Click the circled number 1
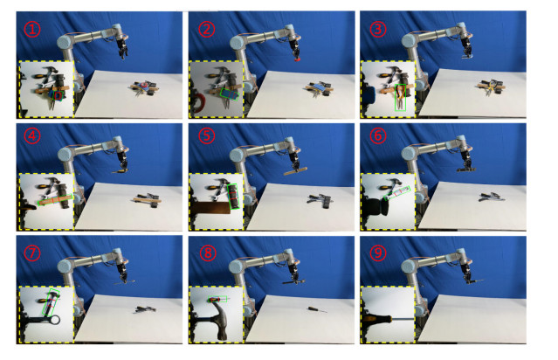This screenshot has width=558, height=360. coord(32,29)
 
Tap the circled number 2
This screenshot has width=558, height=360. coord(207,29)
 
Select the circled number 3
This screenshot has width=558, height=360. coord(378,29)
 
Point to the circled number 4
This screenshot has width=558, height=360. coord(32,135)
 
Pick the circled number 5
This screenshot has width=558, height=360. coord(207,135)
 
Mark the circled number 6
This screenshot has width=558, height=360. coord(378,135)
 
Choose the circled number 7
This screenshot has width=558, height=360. coord(32,253)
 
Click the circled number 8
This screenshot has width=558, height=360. coord(208,253)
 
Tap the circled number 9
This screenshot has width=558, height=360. coord(378,253)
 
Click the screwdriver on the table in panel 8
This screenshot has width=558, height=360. coord(317,310)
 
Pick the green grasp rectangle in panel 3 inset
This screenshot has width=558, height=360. coord(400,98)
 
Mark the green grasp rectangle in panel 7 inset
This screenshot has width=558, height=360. coord(51,302)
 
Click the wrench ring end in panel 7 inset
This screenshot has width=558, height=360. coord(55,320)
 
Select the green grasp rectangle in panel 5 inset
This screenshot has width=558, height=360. coord(233,197)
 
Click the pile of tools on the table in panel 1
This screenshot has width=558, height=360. coord(143,88)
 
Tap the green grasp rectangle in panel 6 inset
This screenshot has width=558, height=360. coord(396,193)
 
